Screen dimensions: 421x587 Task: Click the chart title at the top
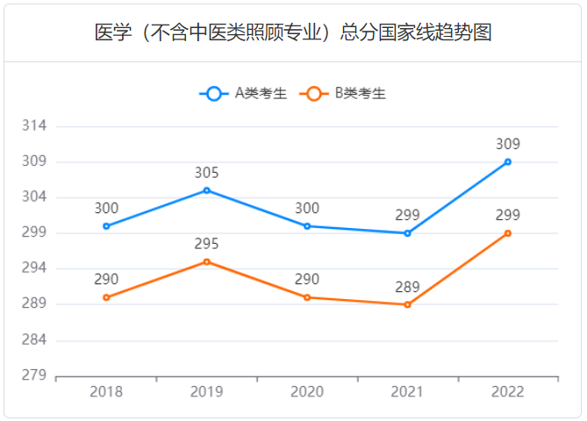tap(293, 33)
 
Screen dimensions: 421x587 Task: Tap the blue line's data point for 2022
tap(507, 162)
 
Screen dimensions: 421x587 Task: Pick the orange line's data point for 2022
tap(507, 233)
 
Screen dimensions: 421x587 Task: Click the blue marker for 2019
tap(207, 190)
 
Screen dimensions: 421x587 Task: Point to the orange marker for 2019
tap(207, 261)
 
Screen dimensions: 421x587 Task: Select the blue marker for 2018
tap(106, 226)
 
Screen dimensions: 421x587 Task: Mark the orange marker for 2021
tap(407, 304)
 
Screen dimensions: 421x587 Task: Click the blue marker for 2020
tap(307, 226)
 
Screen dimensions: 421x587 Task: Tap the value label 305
tap(207, 173)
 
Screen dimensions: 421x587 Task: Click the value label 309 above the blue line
tap(507, 145)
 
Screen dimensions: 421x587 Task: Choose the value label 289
tap(407, 287)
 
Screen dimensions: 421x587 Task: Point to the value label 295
tap(207, 244)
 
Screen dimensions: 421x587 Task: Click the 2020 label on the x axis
tap(307, 392)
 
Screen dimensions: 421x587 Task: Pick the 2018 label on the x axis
tap(106, 392)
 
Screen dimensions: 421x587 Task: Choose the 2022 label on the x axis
tap(507, 392)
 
